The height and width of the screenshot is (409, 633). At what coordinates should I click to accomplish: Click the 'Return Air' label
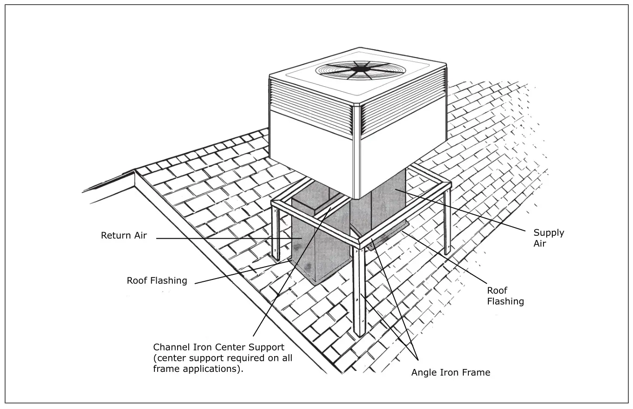[124, 235]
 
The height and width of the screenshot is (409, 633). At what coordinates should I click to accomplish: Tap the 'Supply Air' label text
[548, 238]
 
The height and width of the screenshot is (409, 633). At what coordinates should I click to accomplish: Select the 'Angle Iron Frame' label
[450, 372]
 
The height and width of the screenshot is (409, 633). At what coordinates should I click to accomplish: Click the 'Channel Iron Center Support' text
[218, 347]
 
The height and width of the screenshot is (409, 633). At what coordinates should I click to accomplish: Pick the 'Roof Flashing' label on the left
[157, 280]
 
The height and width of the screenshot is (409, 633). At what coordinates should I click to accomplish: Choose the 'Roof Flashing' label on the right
[505, 296]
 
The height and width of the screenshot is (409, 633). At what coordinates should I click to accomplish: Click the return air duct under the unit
[320, 246]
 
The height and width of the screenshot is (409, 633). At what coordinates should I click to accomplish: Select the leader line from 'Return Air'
[223, 239]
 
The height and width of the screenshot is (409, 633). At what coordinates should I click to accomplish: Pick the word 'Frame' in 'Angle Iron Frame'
[477, 372]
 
